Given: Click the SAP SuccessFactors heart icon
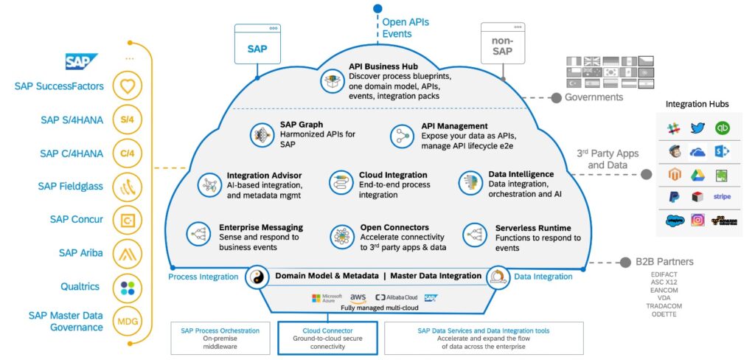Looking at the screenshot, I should pyautogui.click(x=128, y=87).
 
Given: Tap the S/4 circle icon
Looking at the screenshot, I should pyautogui.click(x=128, y=120).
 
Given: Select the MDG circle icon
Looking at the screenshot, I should pyautogui.click(x=128, y=322).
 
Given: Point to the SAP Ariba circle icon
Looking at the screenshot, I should pyautogui.click(x=128, y=254).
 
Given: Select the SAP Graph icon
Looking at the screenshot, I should pyautogui.click(x=260, y=134).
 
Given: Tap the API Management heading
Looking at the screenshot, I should pyautogui.click(x=454, y=126).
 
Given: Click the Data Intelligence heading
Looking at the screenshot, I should pyautogui.click(x=521, y=174).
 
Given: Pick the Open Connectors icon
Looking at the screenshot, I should pyautogui.click(x=341, y=235).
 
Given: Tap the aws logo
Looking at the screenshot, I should pyautogui.click(x=358, y=297).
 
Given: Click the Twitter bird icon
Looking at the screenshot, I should pyautogui.click(x=697, y=128).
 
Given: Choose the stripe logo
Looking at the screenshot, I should pyautogui.click(x=722, y=196).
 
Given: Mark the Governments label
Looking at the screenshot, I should pyautogui.click(x=594, y=97).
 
